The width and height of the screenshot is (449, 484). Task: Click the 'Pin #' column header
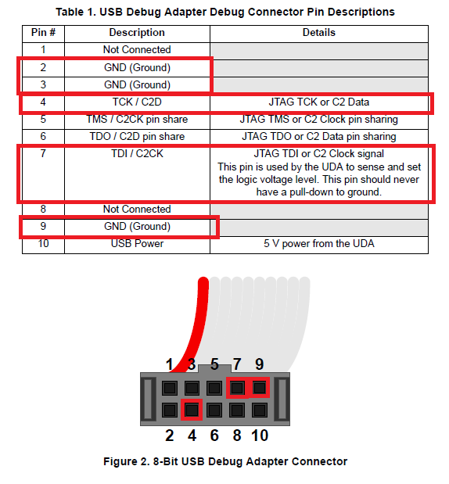tap(43, 32)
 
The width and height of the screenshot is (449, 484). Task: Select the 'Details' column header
tap(318, 32)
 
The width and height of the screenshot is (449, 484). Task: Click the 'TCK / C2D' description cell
tap(137, 102)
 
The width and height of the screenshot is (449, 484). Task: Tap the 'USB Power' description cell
tap(137, 243)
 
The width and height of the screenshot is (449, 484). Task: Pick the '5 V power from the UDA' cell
tap(318, 243)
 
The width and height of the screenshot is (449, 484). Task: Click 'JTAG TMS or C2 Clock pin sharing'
tap(318, 119)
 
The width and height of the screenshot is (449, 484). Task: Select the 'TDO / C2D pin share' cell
tap(137, 136)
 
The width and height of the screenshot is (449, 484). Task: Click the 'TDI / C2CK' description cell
tap(137, 153)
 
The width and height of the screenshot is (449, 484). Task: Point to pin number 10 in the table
tap(43, 243)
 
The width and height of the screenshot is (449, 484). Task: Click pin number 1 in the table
tap(43, 49)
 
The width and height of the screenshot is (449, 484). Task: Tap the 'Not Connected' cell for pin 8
tap(137, 209)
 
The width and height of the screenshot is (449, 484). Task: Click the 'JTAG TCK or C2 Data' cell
tap(318, 102)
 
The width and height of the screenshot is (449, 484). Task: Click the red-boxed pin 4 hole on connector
tap(192, 410)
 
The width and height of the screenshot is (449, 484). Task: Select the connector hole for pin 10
tap(260, 411)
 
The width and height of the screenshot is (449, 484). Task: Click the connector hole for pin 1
tap(170, 388)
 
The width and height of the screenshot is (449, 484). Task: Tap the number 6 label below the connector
tap(214, 436)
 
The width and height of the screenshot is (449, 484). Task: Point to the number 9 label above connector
tap(260, 364)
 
